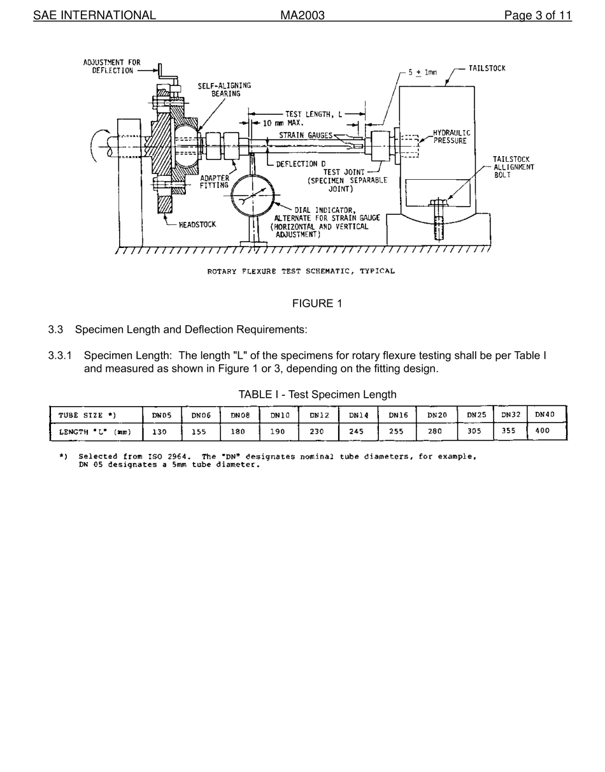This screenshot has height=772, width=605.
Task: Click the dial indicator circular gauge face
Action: pos(253,196)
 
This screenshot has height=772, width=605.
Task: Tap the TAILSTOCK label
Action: pos(487,68)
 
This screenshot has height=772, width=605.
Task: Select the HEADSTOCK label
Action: pos(197,224)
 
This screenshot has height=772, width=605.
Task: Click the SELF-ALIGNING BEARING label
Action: pos(224,89)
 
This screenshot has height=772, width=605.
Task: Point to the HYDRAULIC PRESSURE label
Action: pos(451,137)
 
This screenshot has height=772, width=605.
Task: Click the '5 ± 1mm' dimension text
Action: pos(422,73)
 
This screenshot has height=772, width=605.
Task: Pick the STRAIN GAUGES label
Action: pos(306,135)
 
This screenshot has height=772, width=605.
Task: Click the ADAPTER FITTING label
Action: pos(215,182)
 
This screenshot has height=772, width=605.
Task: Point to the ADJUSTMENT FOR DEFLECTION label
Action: pos(111,66)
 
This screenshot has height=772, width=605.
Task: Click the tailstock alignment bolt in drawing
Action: pos(438,220)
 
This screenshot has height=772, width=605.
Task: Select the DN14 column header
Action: pos(359,415)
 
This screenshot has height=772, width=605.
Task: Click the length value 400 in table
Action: pos(542,431)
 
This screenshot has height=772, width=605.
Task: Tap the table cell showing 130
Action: pos(159,432)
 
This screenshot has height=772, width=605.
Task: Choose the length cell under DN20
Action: pos(434,432)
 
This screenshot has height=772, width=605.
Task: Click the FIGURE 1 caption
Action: pos(317,303)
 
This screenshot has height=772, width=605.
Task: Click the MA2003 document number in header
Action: pos(302,15)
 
